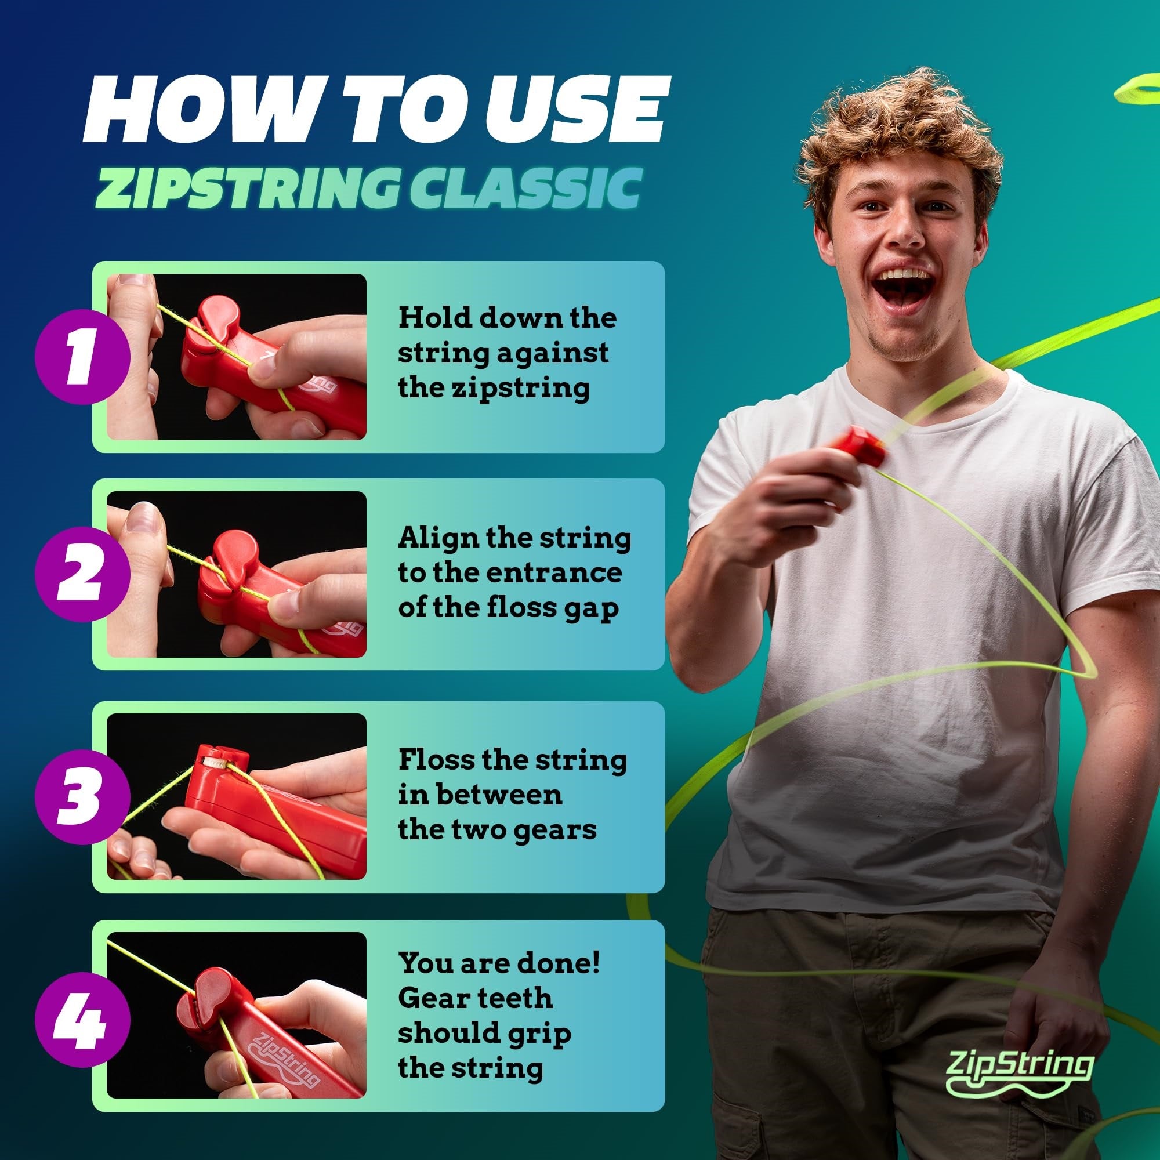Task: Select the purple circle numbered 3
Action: (83, 796)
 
